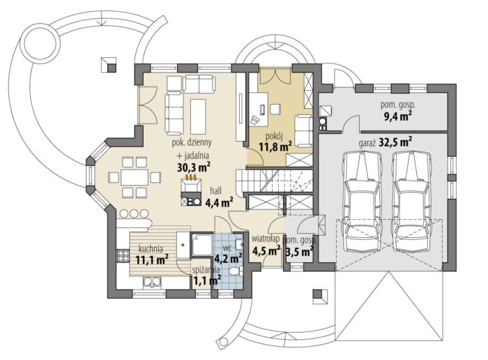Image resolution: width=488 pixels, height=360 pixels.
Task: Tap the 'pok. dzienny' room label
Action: [192, 142]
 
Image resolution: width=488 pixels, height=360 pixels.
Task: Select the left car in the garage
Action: [361, 201]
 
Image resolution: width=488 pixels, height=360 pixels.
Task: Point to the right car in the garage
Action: [412, 201]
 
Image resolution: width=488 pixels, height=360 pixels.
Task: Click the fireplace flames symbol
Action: [191, 177]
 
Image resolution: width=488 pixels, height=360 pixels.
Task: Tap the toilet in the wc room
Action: [236, 270]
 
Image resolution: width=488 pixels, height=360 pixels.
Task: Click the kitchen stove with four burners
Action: [123, 256]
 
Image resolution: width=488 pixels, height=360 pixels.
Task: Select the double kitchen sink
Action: [152, 282]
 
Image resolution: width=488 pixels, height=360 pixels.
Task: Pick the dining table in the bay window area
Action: [135, 178]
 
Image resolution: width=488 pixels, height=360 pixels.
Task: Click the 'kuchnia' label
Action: [151, 248]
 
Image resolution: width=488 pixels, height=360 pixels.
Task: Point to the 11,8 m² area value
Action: [275, 147]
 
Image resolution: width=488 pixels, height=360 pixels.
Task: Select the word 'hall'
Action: [215, 190]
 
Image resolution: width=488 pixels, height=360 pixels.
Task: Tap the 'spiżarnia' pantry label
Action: [206, 270]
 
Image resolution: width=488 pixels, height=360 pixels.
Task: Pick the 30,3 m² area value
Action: [193, 167]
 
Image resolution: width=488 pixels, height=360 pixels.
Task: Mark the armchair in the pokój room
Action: [303, 130]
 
